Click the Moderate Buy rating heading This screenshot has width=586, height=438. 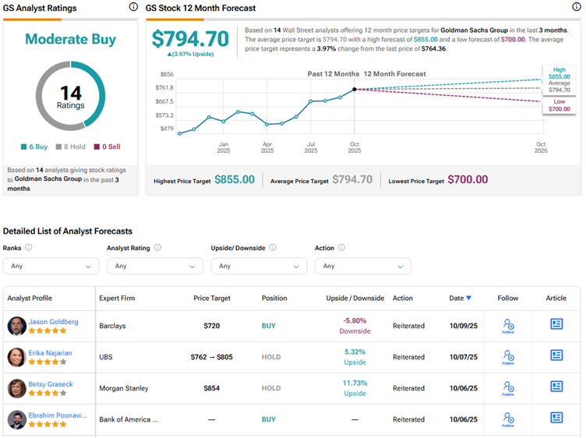pos(70,39)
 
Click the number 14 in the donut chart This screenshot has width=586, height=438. pos(70,93)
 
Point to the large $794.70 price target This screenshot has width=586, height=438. pos(190,39)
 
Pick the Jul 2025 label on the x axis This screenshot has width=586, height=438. pos(311,147)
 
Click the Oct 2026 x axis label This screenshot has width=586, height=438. pos(541,147)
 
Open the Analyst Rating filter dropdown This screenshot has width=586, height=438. pos(154,266)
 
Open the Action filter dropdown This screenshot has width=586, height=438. pos(362,266)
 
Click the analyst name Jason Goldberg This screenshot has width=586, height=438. pos(53,322)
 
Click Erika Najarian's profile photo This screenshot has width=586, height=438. pos(16,357)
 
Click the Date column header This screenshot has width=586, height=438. pos(460,298)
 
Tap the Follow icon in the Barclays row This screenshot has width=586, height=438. pos(508,326)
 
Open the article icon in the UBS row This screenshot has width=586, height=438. pos(556,355)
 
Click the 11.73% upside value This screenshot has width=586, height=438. pos(355,383)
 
